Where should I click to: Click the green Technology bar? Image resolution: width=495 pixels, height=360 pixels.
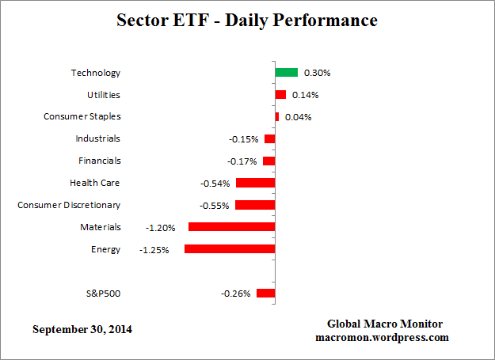[286, 72]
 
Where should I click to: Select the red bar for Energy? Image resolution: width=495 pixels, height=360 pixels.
[230, 248]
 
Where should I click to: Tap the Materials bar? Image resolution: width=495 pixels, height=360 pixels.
[231, 226]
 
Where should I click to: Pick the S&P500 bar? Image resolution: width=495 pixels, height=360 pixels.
[265, 293]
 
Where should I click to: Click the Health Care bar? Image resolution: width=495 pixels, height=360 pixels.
[255, 183]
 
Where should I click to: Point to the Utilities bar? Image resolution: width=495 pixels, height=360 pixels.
[280, 95]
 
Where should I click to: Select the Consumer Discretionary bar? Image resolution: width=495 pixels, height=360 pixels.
[255, 205]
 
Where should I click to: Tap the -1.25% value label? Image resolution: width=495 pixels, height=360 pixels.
[154, 250]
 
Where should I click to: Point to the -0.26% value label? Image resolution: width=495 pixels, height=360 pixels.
[236, 294]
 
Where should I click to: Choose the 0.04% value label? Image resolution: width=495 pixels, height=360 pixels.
[299, 117]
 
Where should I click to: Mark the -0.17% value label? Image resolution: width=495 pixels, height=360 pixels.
[242, 161]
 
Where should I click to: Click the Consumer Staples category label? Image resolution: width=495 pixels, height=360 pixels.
[82, 117]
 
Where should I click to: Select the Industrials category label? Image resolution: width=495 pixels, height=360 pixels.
[98, 138]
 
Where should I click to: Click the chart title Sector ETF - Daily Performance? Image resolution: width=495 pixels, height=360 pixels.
[248, 20]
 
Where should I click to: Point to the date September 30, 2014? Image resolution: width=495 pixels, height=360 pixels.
[82, 329]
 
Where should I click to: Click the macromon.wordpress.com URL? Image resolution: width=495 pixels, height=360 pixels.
[386, 337]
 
